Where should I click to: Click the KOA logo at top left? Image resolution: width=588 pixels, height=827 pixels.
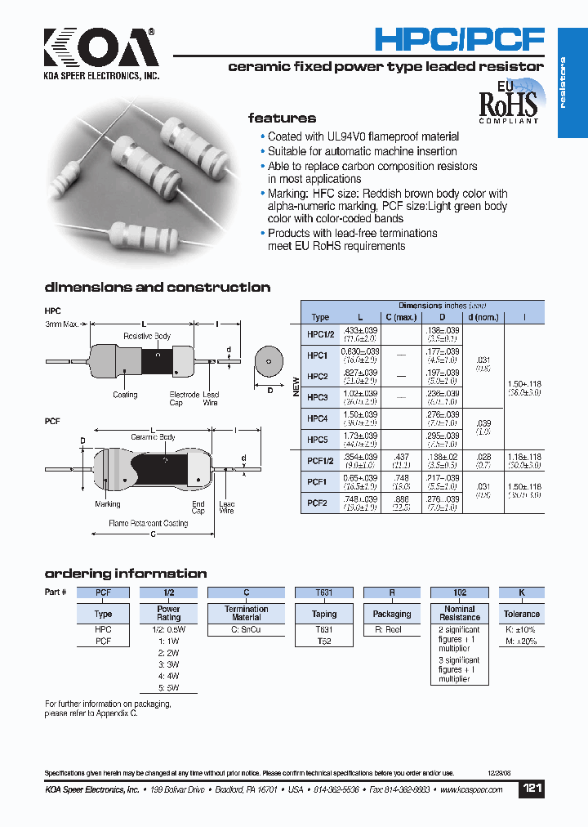point(101,53)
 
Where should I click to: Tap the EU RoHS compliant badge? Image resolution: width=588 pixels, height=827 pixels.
point(508,101)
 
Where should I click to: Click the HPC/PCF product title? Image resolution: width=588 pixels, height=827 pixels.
point(458,39)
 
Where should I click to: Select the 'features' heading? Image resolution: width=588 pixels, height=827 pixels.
point(282,118)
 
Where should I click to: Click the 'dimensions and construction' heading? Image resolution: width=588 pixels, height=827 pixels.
point(157,288)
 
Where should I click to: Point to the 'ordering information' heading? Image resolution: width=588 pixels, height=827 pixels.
point(125,574)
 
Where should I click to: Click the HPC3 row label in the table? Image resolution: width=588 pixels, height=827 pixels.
point(318,397)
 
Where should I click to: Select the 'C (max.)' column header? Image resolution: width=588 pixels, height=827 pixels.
point(401,317)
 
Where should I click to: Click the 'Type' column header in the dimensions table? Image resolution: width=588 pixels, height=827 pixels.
point(320,317)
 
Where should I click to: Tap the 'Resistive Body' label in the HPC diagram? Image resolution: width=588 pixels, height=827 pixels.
point(147,336)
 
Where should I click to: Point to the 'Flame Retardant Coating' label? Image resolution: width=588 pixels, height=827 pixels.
point(149,523)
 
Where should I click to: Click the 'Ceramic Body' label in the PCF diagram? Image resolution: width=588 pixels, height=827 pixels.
point(155,437)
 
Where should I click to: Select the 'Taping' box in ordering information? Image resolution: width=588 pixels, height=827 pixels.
point(324,614)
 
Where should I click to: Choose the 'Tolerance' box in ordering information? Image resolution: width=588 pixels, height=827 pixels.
point(522,614)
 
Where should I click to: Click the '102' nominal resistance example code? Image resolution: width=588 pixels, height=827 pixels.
point(460,592)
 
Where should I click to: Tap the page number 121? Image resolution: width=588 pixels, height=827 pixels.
point(532,789)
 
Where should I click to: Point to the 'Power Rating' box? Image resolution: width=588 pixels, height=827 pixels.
point(169,614)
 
